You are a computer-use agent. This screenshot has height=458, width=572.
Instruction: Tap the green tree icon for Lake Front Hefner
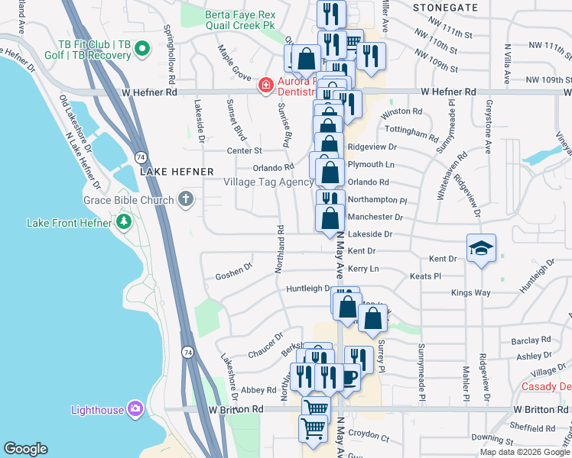click(123, 223)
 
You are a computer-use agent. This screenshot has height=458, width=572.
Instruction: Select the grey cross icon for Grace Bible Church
click(186, 201)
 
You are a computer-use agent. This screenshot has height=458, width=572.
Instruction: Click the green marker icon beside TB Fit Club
click(141, 51)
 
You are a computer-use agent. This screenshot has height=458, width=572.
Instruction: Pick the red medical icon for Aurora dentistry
click(265, 85)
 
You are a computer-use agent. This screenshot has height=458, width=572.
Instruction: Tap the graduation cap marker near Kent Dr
click(481, 249)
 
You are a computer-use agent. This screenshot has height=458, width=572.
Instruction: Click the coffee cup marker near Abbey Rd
click(349, 376)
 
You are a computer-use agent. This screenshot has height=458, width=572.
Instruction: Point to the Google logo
click(25, 449)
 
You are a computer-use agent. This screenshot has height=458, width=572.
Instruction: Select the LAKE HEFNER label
click(170, 173)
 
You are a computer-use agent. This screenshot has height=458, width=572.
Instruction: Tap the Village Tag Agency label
click(268, 182)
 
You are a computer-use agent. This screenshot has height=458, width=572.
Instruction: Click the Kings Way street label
click(470, 292)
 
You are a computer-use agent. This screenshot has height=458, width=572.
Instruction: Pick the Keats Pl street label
click(425, 276)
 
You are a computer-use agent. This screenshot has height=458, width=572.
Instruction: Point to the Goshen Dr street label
click(233, 272)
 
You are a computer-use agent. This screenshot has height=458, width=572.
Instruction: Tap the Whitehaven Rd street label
click(441, 181)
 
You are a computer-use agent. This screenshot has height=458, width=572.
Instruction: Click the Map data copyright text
click(525, 452)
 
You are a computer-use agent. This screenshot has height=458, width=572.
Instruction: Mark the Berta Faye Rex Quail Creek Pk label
click(240, 20)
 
